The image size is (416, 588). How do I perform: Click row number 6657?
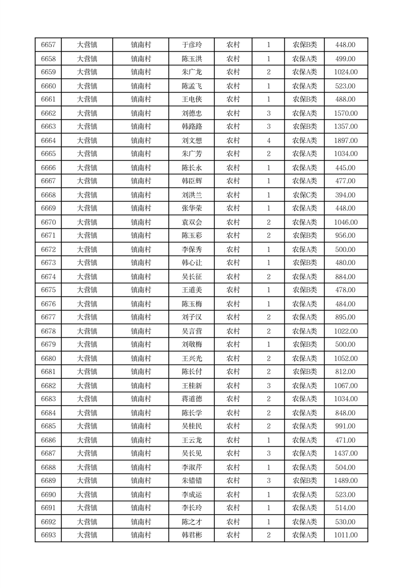48,45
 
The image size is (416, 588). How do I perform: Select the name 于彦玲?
191,45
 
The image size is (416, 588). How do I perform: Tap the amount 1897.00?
345,140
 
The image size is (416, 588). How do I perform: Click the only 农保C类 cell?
304,195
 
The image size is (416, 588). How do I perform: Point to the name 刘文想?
191,140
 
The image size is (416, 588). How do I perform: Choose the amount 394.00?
345,195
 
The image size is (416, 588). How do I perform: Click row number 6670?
48,222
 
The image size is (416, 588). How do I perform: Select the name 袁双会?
191,222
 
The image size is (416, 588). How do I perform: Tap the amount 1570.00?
345,113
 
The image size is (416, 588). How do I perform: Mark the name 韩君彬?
191,535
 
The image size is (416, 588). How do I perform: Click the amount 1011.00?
345,535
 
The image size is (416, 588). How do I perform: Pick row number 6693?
48,535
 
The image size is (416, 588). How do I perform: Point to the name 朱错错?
191,481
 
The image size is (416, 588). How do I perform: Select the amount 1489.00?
345,481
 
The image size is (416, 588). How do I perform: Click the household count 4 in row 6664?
268,140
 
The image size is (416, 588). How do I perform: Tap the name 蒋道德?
191,399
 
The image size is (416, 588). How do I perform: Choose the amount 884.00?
345,277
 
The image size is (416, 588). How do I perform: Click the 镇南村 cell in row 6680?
141,358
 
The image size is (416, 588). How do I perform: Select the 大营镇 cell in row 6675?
87,290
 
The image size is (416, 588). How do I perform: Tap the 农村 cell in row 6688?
233,467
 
